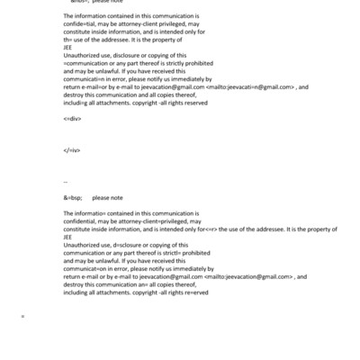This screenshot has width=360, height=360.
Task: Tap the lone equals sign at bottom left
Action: click(x=23, y=316)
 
